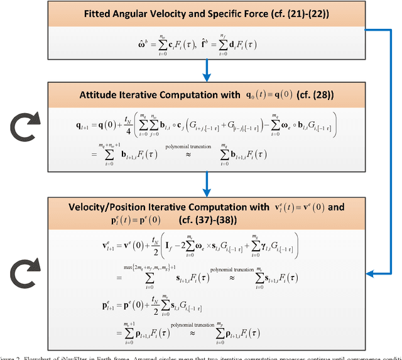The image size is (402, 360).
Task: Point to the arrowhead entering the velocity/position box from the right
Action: point(371,273)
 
